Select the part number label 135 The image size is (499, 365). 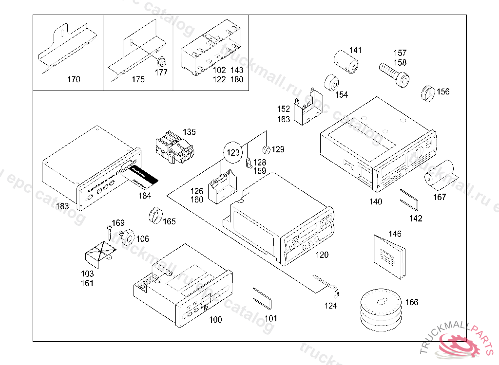pos(189,132)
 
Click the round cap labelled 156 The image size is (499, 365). pos(427,93)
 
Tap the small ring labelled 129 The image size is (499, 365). pos(267,149)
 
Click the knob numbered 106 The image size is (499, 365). pos(128,236)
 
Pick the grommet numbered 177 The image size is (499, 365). pos(161,63)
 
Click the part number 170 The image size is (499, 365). pos(74,79)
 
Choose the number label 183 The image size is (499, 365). pos(62,206)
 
